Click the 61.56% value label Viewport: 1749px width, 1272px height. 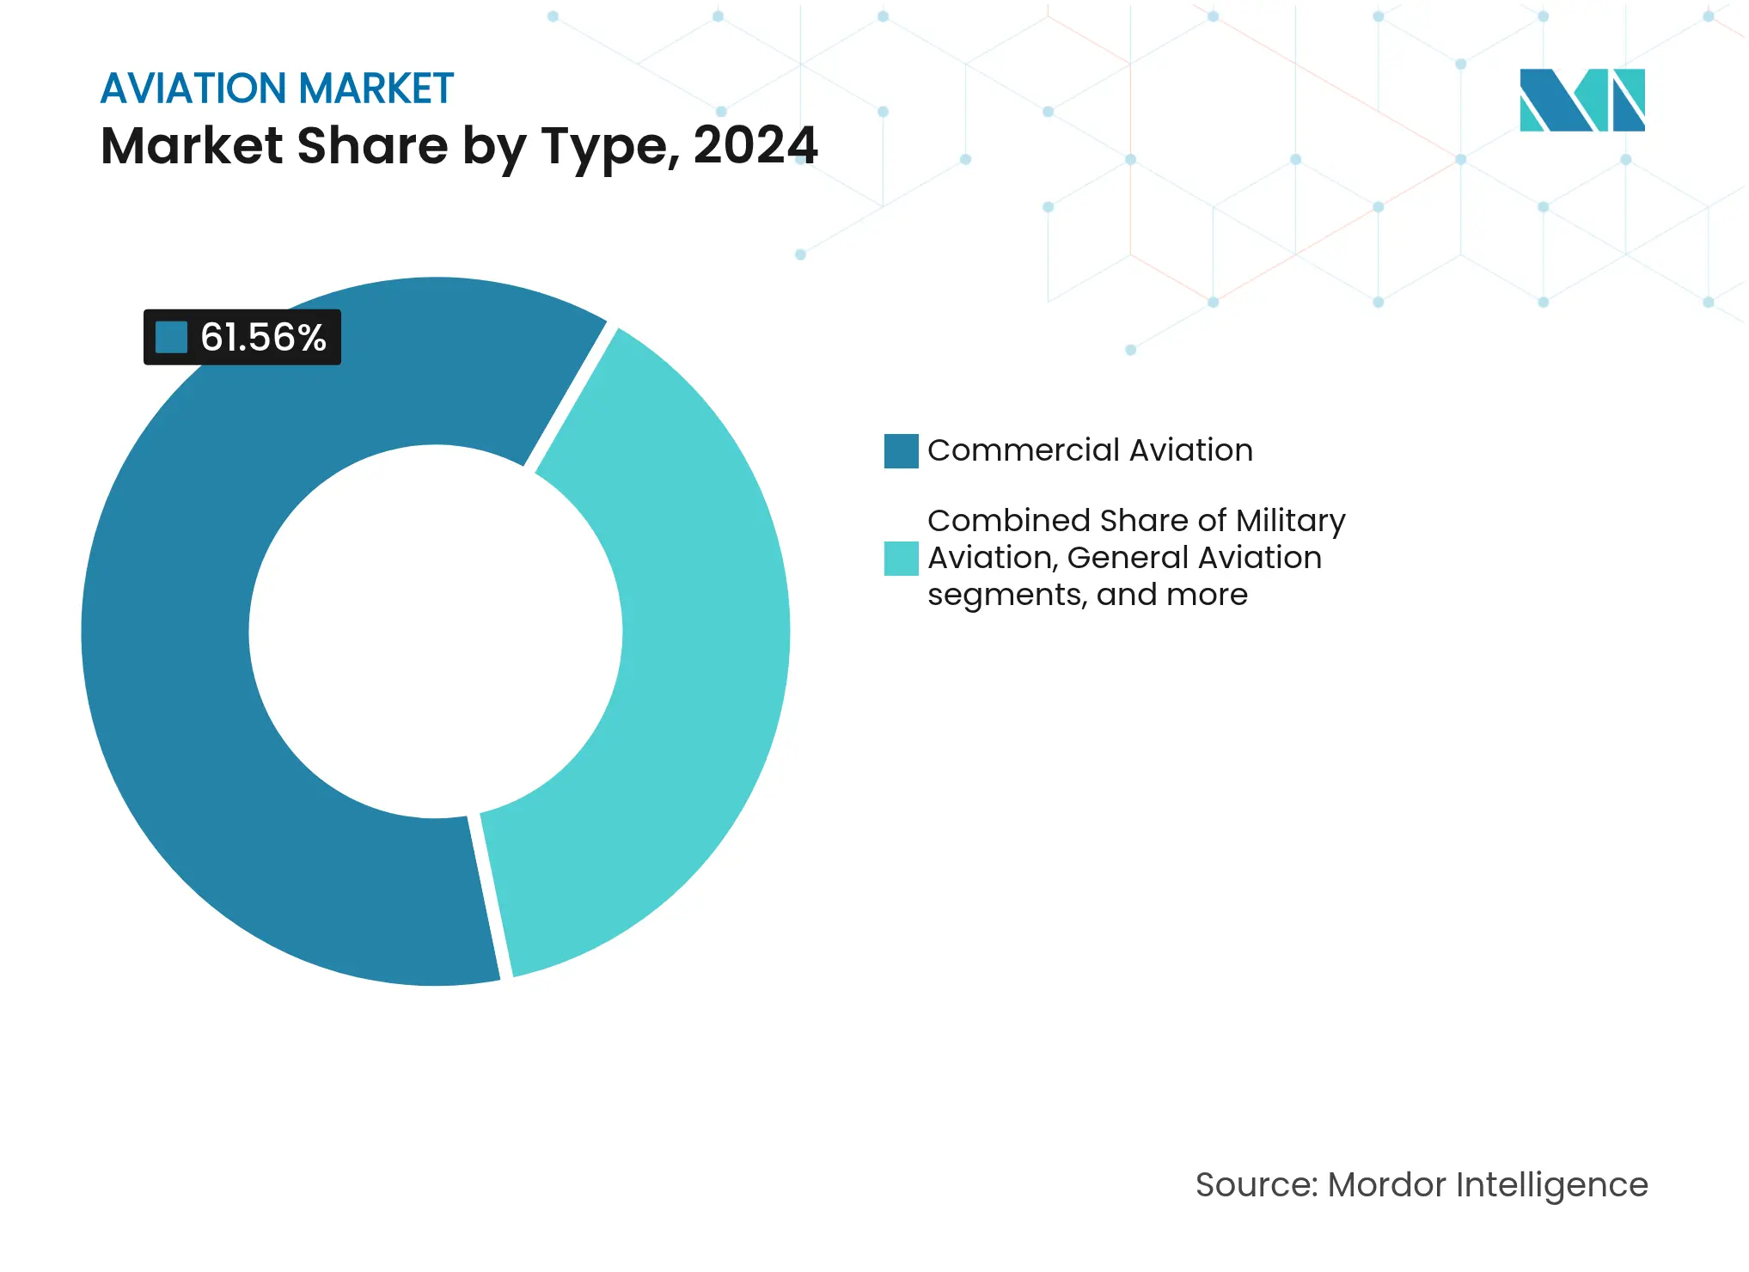(262, 337)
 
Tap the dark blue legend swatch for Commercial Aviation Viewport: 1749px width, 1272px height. (901, 450)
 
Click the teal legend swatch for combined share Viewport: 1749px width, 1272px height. (901, 558)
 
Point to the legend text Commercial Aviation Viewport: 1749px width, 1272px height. (1090, 450)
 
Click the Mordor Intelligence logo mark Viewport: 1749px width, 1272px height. (1581, 100)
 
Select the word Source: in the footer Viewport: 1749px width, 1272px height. (1256, 1184)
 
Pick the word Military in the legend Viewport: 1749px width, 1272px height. (1291, 521)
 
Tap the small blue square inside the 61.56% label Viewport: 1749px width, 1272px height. (171, 337)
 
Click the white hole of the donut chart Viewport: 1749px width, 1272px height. (435, 632)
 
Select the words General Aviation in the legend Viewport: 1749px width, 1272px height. (1194, 558)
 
